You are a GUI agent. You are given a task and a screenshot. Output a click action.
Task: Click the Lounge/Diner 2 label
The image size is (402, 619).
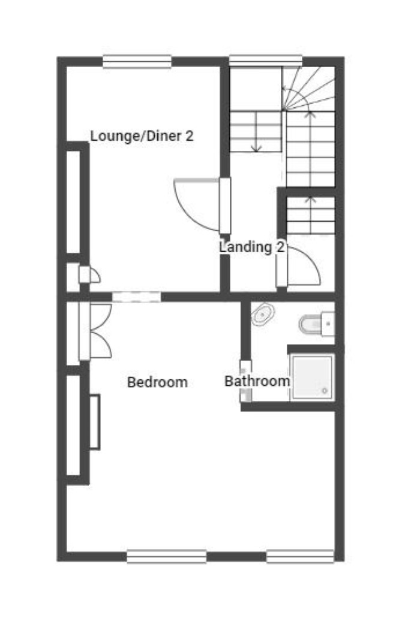click(x=142, y=136)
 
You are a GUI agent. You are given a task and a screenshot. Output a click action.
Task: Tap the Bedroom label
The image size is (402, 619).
click(x=157, y=382)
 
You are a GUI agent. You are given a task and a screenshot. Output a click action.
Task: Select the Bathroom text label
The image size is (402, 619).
click(x=257, y=381)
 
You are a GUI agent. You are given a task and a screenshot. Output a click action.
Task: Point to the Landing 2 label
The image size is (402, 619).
click(x=252, y=247)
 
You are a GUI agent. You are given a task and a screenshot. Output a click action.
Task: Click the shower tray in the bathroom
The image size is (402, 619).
click(x=312, y=378)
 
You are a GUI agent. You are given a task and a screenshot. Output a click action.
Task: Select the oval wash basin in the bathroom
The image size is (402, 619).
click(x=262, y=314)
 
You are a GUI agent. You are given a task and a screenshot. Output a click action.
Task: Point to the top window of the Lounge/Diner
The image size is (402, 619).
click(x=137, y=62)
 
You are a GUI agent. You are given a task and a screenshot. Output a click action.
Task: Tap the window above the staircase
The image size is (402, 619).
click(x=266, y=61)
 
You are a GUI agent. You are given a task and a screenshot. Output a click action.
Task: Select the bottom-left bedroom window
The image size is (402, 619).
click(x=166, y=556)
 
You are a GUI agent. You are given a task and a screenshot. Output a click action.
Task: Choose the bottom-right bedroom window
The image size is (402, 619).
click(x=300, y=556)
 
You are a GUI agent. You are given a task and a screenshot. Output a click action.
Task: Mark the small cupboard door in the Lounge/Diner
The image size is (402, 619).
click(x=90, y=275)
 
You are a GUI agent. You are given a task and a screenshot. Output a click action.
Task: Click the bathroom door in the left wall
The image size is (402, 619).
click(x=245, y=381)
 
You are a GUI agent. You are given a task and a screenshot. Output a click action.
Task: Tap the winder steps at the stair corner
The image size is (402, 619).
click(x=308, y=89)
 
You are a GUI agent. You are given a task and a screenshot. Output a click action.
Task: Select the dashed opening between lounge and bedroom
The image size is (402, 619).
click(x=136, y=297)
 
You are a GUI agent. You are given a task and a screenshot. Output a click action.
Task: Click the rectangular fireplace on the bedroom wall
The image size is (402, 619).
click(x=94, y=422)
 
